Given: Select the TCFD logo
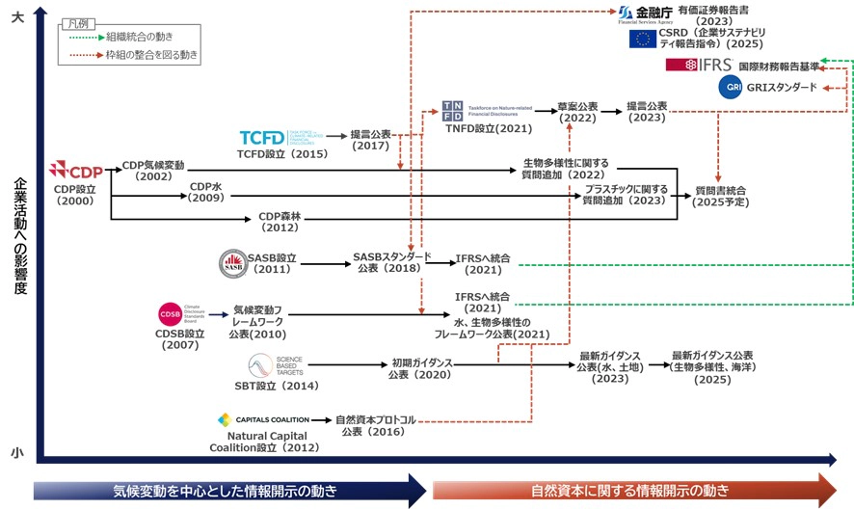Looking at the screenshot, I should point(263,138).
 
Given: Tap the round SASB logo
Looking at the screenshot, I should point(232,261).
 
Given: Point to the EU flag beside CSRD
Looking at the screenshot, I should point(642,40).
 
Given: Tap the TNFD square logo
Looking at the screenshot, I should point(452,109).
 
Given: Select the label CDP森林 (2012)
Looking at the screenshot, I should point(280,224).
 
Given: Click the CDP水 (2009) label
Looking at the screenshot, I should point(206,192).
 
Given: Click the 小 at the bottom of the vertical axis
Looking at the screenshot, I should point(17,452).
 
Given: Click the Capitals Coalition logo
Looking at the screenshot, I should point(263,420).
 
